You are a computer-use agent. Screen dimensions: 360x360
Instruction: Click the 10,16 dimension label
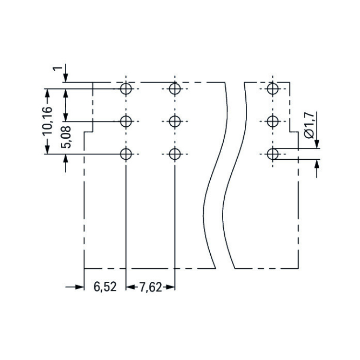pos(48,121)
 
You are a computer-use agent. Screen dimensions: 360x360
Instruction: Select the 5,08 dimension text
pos(66,137)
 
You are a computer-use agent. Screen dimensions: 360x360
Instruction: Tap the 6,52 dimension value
pos(105,287)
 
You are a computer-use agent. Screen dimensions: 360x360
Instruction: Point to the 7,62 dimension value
pos(151,287)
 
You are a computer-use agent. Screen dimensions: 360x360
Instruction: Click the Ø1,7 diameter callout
pos(310,125)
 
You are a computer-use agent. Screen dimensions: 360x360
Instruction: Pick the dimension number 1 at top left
pos(58,69)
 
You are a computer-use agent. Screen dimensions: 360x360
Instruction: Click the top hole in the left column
pos(126,89)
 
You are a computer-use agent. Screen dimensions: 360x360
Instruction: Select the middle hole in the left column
pos(126,121)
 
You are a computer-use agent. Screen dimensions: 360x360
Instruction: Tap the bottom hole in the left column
pos(126,154)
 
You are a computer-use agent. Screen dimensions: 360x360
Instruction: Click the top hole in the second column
pos(175,89)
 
